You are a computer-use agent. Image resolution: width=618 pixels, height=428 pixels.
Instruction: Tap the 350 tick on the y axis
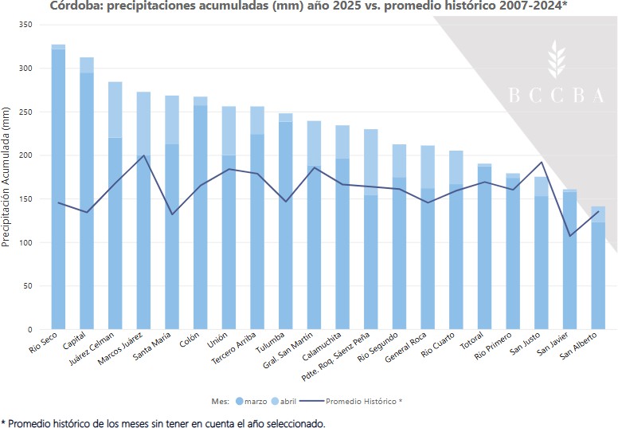(x=24, y=26)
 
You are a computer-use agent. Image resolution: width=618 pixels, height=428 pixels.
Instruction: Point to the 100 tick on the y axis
(x=24, y=242)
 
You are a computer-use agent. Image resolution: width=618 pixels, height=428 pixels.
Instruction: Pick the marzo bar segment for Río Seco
(x=58, y=191)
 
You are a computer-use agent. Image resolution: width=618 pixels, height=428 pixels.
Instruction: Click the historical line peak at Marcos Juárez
(x=143, y=155)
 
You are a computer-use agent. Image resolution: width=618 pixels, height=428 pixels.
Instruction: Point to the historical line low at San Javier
(x=570, y=235)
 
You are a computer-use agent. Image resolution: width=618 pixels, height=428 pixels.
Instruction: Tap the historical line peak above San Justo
(x=542, y=162)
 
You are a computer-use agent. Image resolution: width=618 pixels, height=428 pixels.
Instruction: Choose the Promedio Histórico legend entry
(x=358, y=400)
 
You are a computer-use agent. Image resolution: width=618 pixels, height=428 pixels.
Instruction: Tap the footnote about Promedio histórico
(x=163, y=422)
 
